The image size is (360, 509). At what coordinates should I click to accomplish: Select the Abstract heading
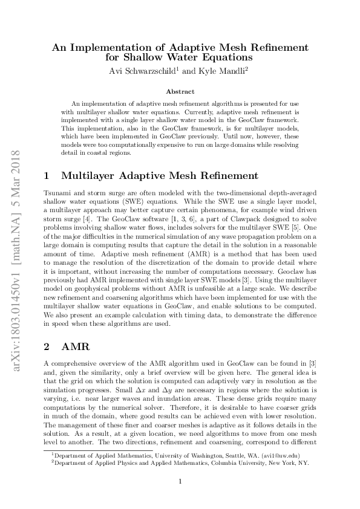coord(180,91)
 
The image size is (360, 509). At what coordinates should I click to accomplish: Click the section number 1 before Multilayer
coord(47,176)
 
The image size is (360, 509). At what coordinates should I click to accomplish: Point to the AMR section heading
coord(74,348)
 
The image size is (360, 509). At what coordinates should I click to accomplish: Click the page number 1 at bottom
coord(180,482)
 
